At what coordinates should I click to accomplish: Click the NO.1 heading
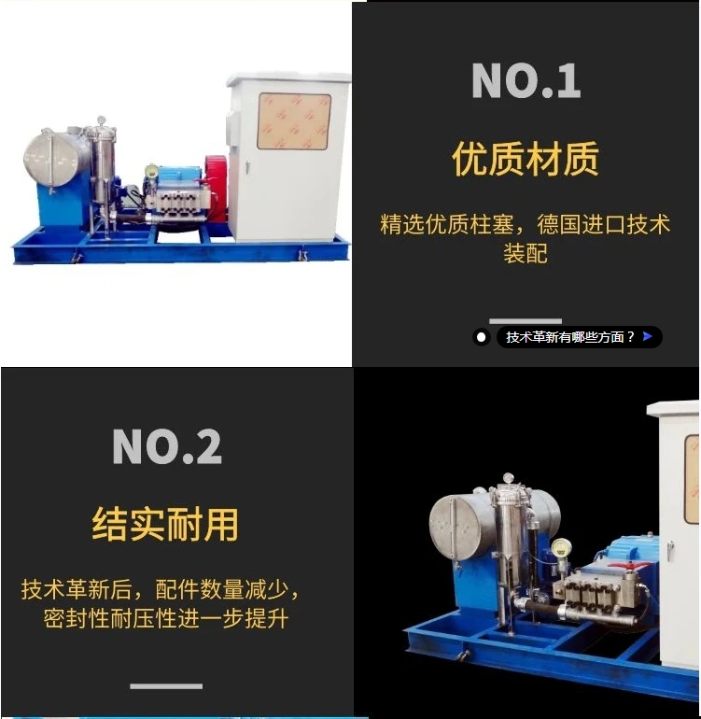(x=526, y=81)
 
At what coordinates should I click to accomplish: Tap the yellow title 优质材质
(x=526, y=159)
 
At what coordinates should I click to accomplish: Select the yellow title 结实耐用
(x=165, y=524)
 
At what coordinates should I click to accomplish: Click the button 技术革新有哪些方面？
(x=569, y=337)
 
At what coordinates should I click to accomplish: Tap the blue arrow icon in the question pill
(x=647, y=336)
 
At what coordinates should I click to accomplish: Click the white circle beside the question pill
(x=482, y=337)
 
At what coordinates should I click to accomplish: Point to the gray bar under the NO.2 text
(x=166, y=686)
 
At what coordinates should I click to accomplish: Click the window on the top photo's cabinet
(x=294, y=121)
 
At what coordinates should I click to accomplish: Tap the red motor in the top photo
(x=217, y=191)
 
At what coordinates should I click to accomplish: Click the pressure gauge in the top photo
(x=151, y=172)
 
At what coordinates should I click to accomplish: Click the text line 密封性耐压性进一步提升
(x=165, y=618)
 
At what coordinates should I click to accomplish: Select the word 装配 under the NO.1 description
(x=526, y=254)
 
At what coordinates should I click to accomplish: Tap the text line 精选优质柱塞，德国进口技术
(x=526, y=225)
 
